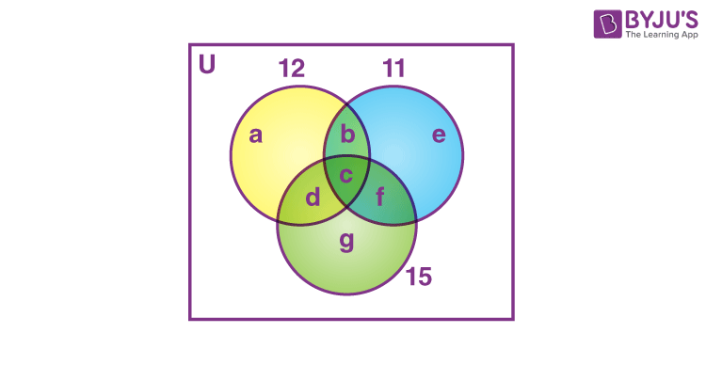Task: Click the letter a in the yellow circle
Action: pos(255,135)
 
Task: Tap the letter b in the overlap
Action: pos(347,135)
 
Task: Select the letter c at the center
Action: pos(346,175)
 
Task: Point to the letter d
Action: pos(313,198)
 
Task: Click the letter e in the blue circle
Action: pos(438,135)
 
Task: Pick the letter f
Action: pos(380,198)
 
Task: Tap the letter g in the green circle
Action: pos(346,242)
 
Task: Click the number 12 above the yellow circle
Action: pos(292,68)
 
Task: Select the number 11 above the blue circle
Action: pos(394,68)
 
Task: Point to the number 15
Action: pos(418,278)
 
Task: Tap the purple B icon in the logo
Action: pos(605,24)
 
